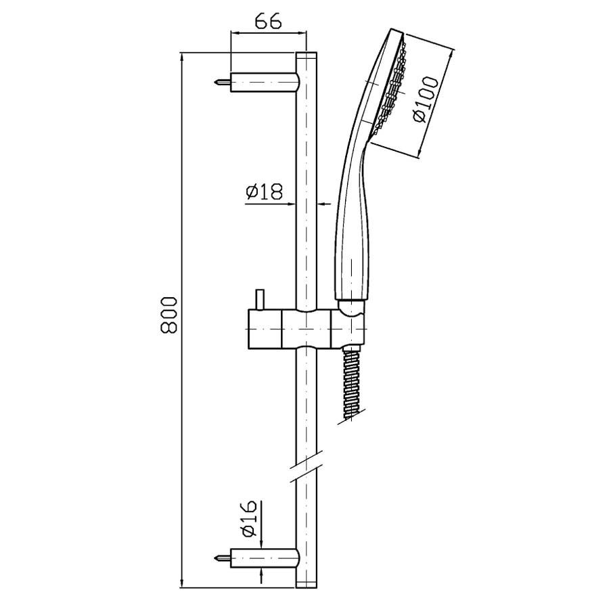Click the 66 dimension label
[x=268, y=22]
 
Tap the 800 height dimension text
[x=169, y=315]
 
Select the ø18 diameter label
[x=265, y=191]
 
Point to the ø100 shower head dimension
[x=426, y=99]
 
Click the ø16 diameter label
[x=249, y=518]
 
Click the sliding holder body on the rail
[x=307, y=329]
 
